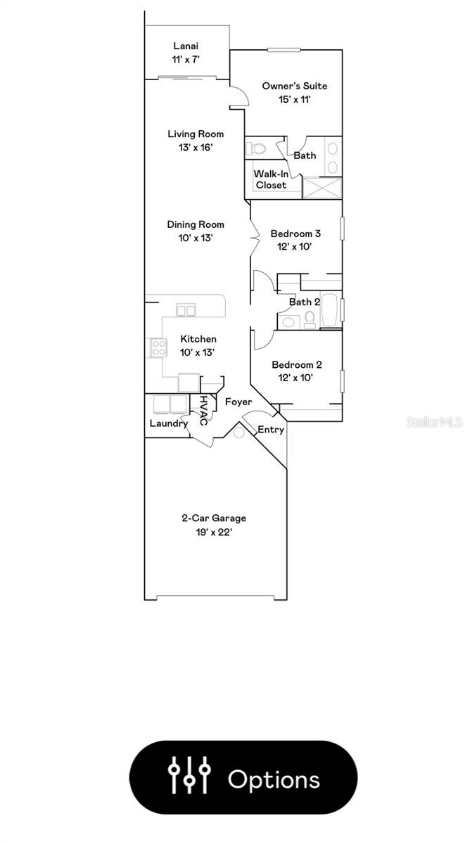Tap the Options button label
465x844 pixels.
point(274,779)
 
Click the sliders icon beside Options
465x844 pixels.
point(189,777)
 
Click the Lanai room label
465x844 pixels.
point(186,46)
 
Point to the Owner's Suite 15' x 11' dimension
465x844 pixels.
point(294,100)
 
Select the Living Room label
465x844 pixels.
point(196,134)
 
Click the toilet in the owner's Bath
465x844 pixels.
point(255,148)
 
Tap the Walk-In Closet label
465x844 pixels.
point(271,179)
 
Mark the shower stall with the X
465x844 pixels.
point(321,188)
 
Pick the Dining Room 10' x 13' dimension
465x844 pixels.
point(196,238)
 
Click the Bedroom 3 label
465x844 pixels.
point(296,234)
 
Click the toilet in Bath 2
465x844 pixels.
point(309,320)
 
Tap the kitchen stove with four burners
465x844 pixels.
point(157,347)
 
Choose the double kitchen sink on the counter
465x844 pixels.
point(186,309)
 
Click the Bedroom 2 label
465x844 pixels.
point(296,364)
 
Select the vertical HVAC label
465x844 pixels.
point(203,410)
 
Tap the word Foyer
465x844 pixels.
point(238,402)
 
